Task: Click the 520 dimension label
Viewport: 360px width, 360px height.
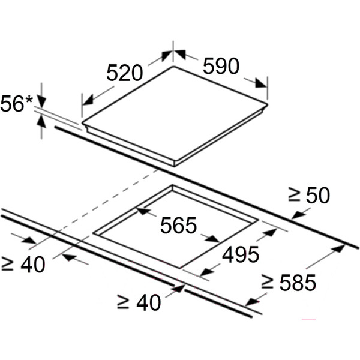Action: coord(124,73)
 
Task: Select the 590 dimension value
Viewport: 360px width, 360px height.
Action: coord(221,66)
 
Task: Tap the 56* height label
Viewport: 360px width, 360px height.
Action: coord(17,104)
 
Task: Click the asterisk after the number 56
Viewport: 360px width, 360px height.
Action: coord(29,100)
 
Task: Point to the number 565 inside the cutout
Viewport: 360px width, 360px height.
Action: coord(178,225)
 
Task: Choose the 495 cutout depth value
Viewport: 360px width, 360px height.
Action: coord(241,254)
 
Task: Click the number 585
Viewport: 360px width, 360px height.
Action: coord(298,283)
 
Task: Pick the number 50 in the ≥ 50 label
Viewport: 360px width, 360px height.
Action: coord(318,195)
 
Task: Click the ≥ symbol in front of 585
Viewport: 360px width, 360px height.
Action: coord(267,282)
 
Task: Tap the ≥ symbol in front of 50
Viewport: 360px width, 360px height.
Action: coord(294,194)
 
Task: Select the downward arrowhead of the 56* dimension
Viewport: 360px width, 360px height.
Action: coord(41,102)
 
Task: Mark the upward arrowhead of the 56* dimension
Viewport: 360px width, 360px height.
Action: coord(41,121)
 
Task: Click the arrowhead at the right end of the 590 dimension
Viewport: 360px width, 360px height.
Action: coord(261,83)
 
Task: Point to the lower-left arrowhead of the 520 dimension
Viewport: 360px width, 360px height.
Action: coord(88,100)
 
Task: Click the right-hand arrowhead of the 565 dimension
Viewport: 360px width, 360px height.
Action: coord(212,239)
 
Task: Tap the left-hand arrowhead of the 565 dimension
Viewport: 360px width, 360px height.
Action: coord(143,211)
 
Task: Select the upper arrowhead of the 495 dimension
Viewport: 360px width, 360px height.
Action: coord(269,233)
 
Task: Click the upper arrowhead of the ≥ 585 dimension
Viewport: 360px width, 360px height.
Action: coord(338,249)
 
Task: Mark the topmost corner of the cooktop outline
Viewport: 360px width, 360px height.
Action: coord(173,67)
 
